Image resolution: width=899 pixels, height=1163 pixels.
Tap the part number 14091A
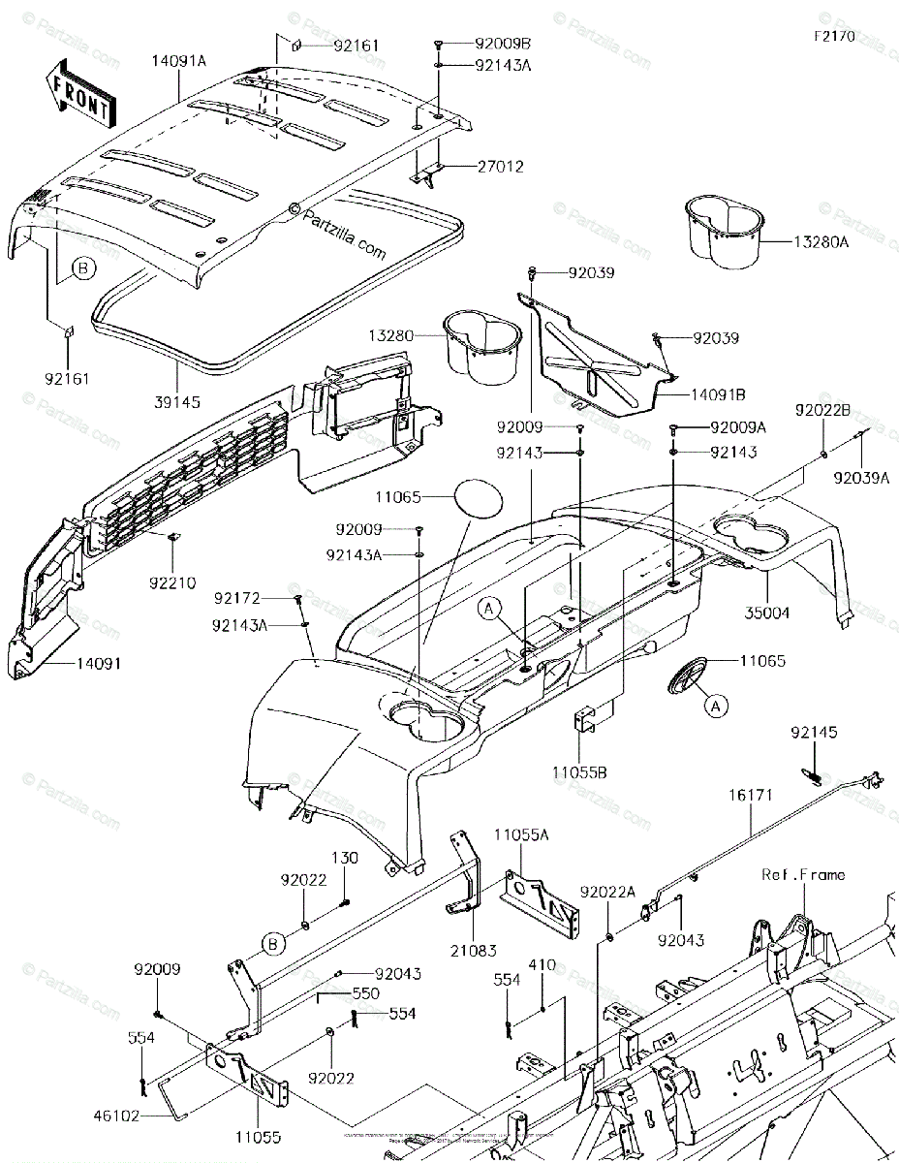[178, 60]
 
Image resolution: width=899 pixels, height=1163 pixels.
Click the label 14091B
[718, 395]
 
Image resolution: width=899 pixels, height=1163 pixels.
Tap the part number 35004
[768, 613]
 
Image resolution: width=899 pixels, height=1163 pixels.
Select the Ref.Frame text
[802, 875]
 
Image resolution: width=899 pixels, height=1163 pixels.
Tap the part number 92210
[172, 583]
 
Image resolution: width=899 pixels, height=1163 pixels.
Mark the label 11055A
[521, 833]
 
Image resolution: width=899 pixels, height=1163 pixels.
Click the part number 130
[346, 858]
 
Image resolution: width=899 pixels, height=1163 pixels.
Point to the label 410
[542, 966]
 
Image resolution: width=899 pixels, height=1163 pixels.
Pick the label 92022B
[823, 410]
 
